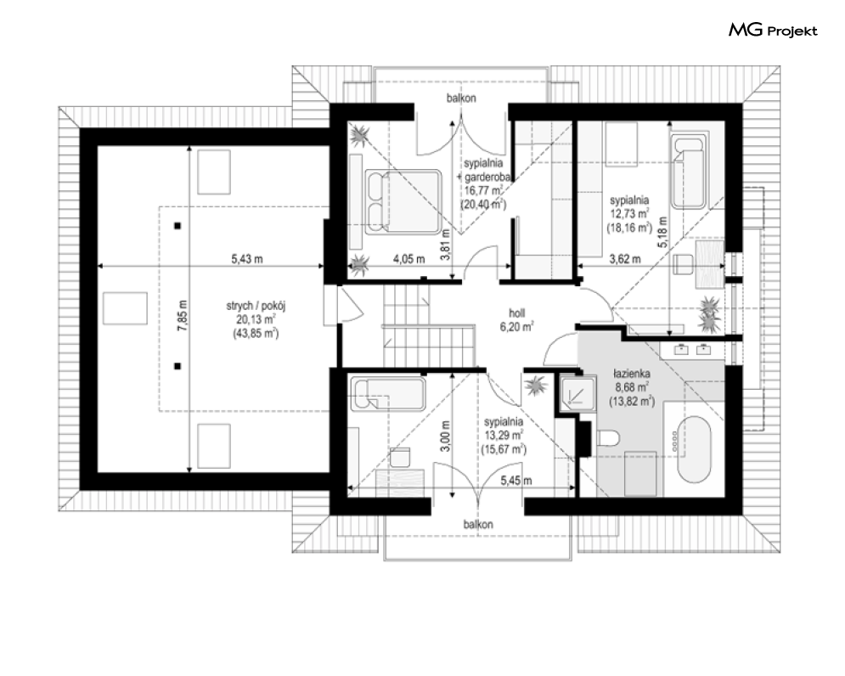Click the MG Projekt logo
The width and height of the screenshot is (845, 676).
click(x=773, y=31)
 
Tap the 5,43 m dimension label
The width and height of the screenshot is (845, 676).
click(x=247, y=259)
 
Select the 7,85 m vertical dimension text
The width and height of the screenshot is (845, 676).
click(x=183, y=315)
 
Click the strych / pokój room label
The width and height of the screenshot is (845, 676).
click(x=256, y=307)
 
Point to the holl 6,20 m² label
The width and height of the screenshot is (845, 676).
click(x=517, y=319)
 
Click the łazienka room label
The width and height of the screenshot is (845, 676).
click(x=632, y=373)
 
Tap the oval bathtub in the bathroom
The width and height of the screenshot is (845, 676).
click(x=694, y=448)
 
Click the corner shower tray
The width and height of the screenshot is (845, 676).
click(x=577, y=393)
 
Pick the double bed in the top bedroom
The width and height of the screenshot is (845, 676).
click(x=403, y=201)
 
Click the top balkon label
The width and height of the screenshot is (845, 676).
click(x=461, y=99)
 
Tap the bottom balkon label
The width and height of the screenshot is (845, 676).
click(x=478, y=524)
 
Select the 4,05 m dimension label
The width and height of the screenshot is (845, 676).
click(x=409, y=259)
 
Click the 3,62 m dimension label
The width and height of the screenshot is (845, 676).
click(x=625, y=259)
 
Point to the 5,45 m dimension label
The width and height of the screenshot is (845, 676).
click(x=516, y=481)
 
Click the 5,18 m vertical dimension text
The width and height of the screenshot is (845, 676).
click(x=662, y=233)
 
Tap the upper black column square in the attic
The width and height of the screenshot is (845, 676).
click(x=177, y=226)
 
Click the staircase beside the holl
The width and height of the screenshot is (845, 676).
click(x=428, y=325)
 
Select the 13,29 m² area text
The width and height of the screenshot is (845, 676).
click(x=504, y=435)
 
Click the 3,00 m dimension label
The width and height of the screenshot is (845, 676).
click(x=445, y=436)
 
